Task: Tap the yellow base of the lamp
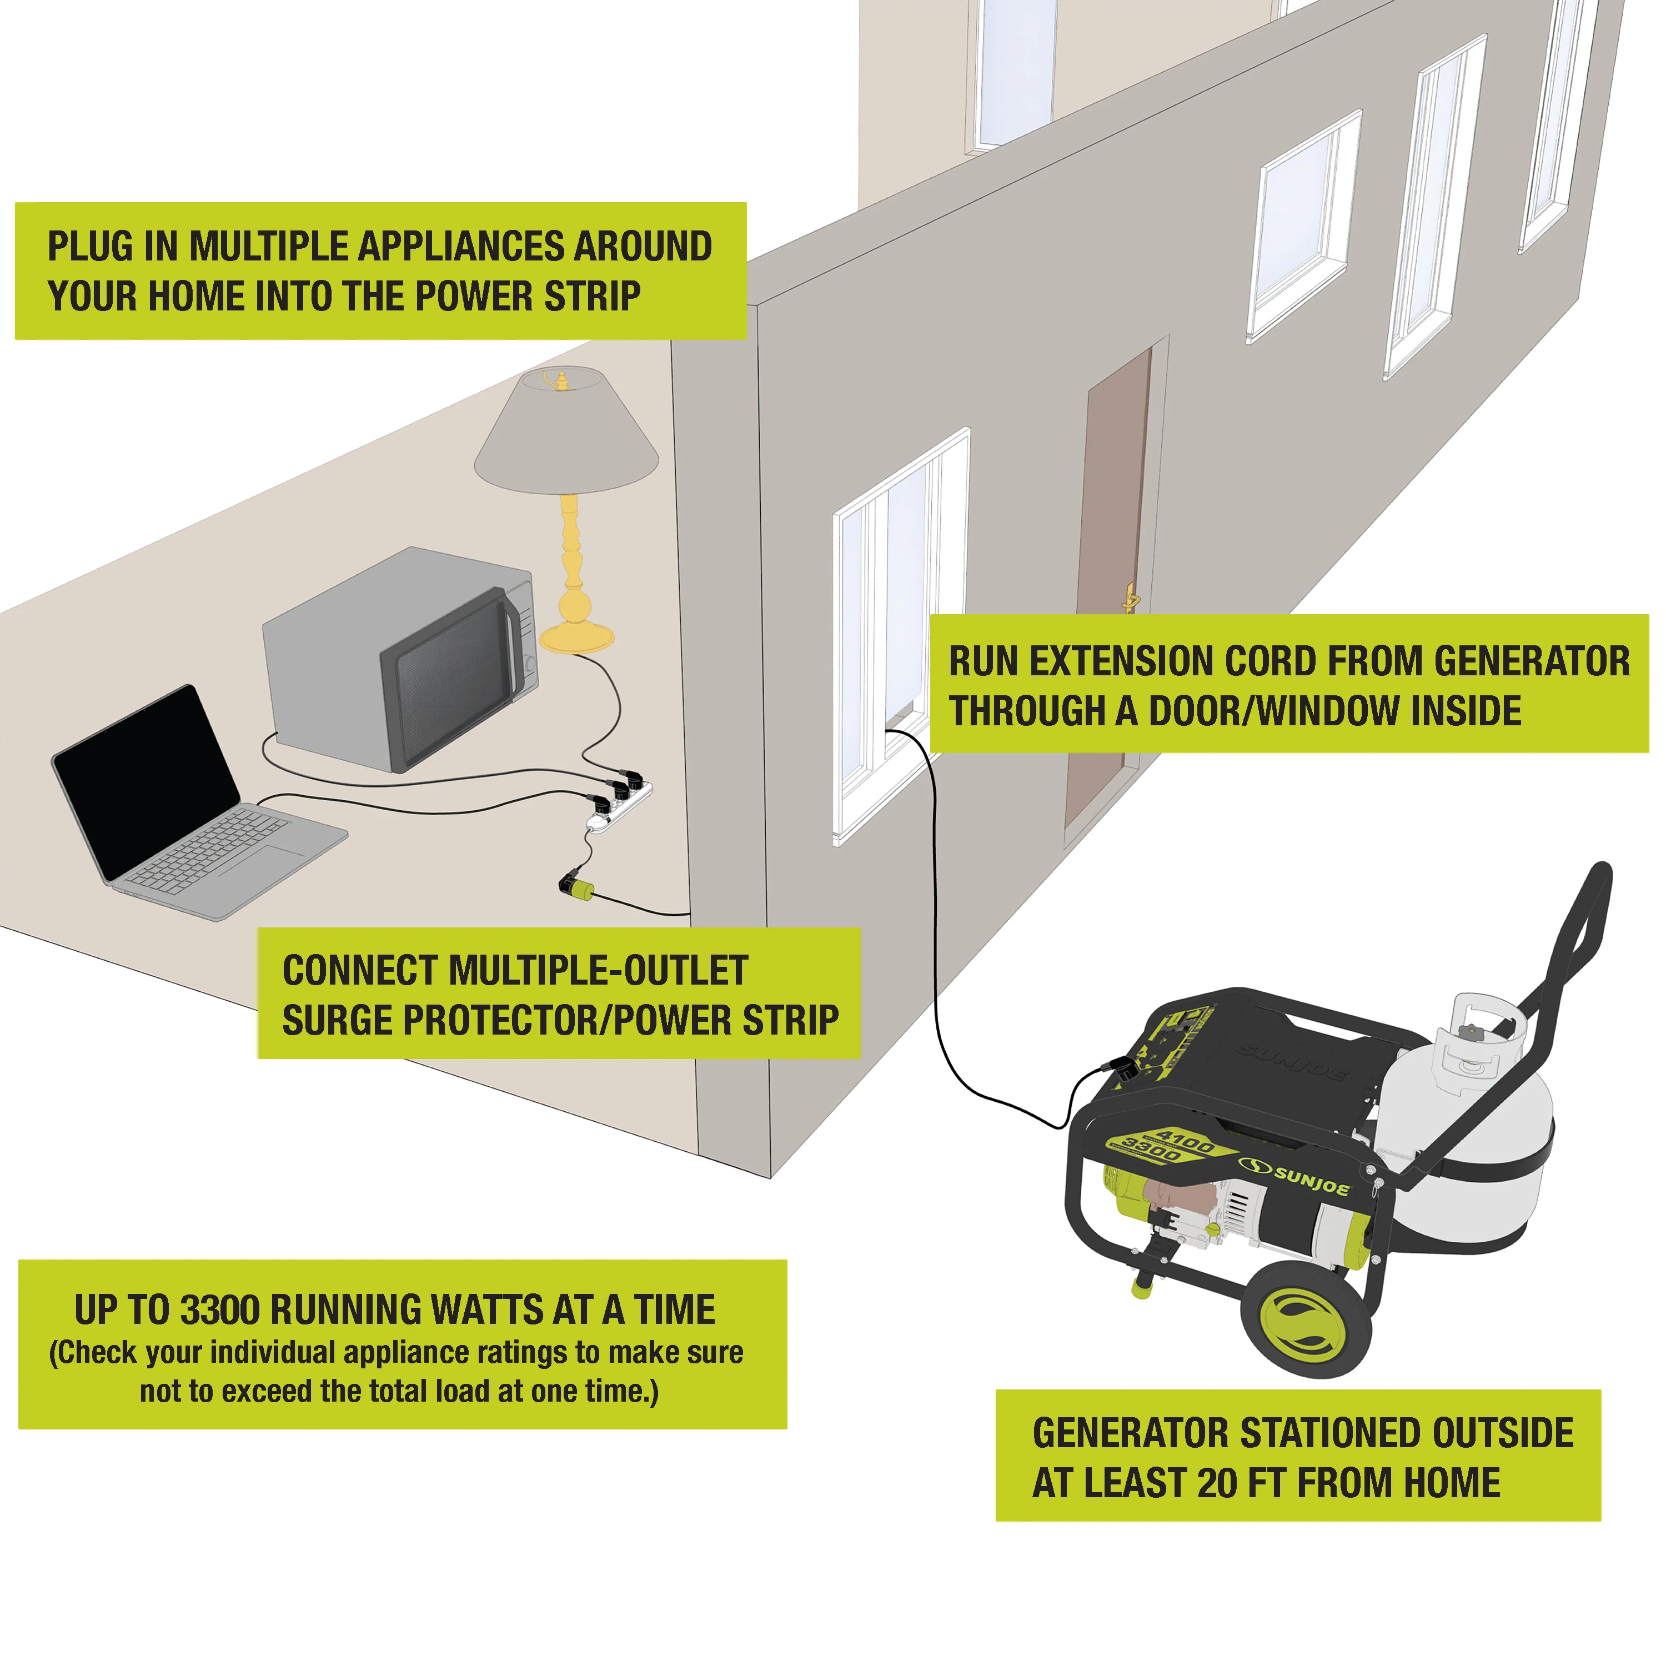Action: (x=576, y=636)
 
